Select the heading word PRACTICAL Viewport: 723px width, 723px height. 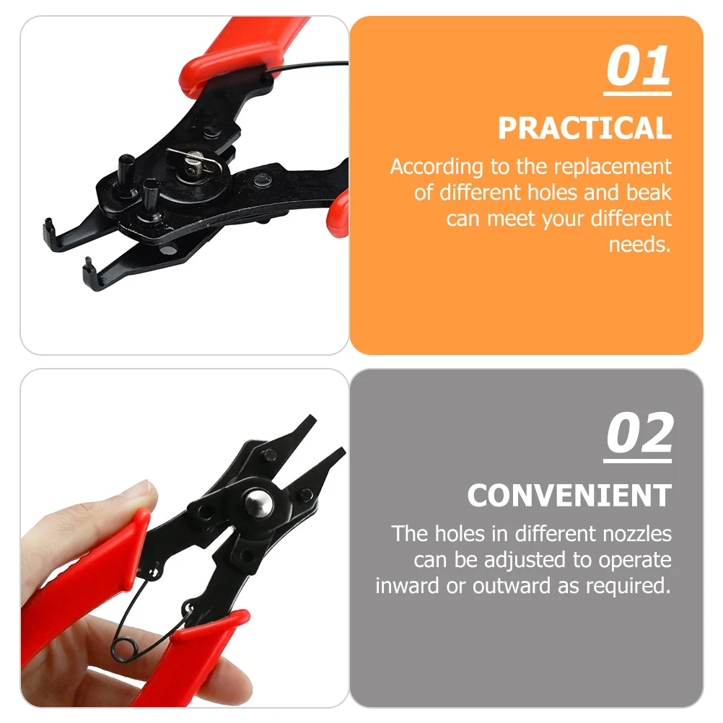point(584,128)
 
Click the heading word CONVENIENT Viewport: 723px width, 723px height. point(569,496)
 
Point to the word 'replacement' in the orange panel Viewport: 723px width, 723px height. point(611,167)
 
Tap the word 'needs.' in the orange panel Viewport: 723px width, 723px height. point(640,245)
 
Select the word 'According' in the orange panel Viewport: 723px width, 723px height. point(437,167)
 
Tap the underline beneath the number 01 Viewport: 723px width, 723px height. point(638,92)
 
